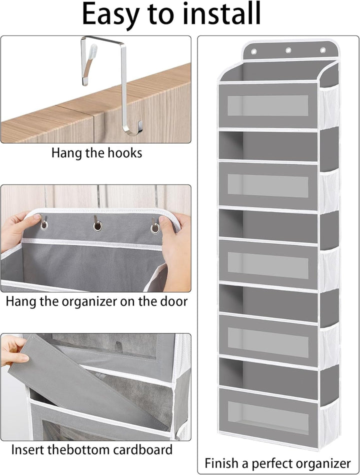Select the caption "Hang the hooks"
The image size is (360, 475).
tap(96, 153)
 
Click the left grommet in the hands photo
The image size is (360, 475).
tap(44, 224)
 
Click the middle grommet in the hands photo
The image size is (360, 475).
tap(97, 225)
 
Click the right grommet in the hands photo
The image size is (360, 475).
tap(155, 228)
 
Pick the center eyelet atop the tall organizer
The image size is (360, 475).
tap(288, 50)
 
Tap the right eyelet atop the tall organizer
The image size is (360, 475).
tap(322, 50)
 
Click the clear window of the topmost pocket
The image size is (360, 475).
tap(267, 105)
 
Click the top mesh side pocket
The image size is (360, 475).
tap(328, 106)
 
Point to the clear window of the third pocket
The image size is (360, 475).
tap(267, 265)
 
